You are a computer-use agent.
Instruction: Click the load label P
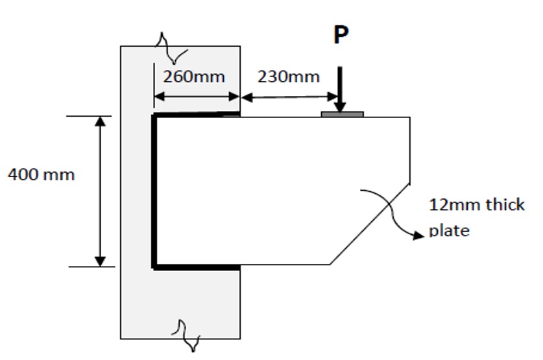(341, 35)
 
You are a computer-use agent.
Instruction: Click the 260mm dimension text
(193, 77)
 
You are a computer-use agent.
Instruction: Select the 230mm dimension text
(289, 77)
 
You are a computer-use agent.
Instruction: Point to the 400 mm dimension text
(41, 174)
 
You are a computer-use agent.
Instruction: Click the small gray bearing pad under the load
(342, 114)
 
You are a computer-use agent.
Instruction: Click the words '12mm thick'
(477, 205)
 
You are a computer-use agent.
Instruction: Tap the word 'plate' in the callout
(449, 231)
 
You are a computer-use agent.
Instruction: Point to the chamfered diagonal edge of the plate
(370, 224)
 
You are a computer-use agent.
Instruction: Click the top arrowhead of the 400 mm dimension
(100, 122)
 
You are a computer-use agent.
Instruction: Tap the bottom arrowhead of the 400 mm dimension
(100, 261)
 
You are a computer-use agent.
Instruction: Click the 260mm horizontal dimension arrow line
(197, 97)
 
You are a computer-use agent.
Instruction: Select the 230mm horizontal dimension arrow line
(289, 97)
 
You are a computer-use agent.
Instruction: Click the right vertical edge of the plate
(409, 149)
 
